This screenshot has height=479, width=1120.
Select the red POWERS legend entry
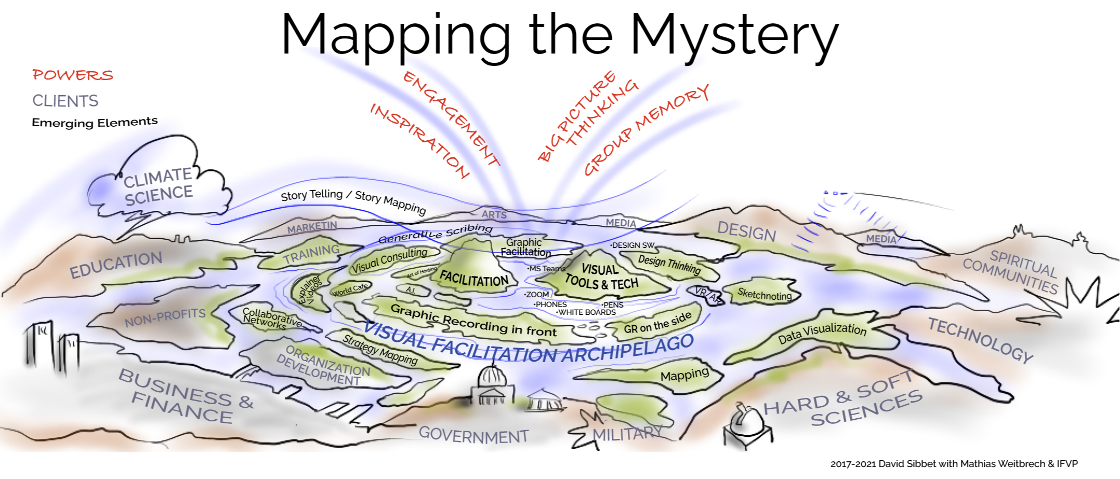pyautogui.click(x=73, y=75)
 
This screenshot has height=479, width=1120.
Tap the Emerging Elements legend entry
pyautogui.click(x=95, y=122)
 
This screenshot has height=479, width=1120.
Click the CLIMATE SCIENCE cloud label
pyautogui.click(x=158, y=186)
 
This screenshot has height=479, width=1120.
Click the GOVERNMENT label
pyautogui.click(x=473, y=435)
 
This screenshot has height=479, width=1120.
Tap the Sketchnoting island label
pyautogui.click(x=764, y=295)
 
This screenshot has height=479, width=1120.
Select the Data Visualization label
pyautogui.click(x=822, y=332)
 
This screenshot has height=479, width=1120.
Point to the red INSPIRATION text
pyautogui.click(x=420, y=140)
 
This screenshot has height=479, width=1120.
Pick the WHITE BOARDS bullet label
pyautogui.click(x=586, y=312)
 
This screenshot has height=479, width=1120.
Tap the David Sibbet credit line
pyautogui.click(x=954, y=463)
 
